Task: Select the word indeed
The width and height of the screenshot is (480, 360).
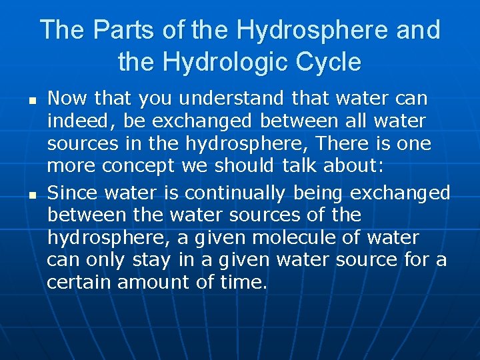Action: click(x=74, y=122)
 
